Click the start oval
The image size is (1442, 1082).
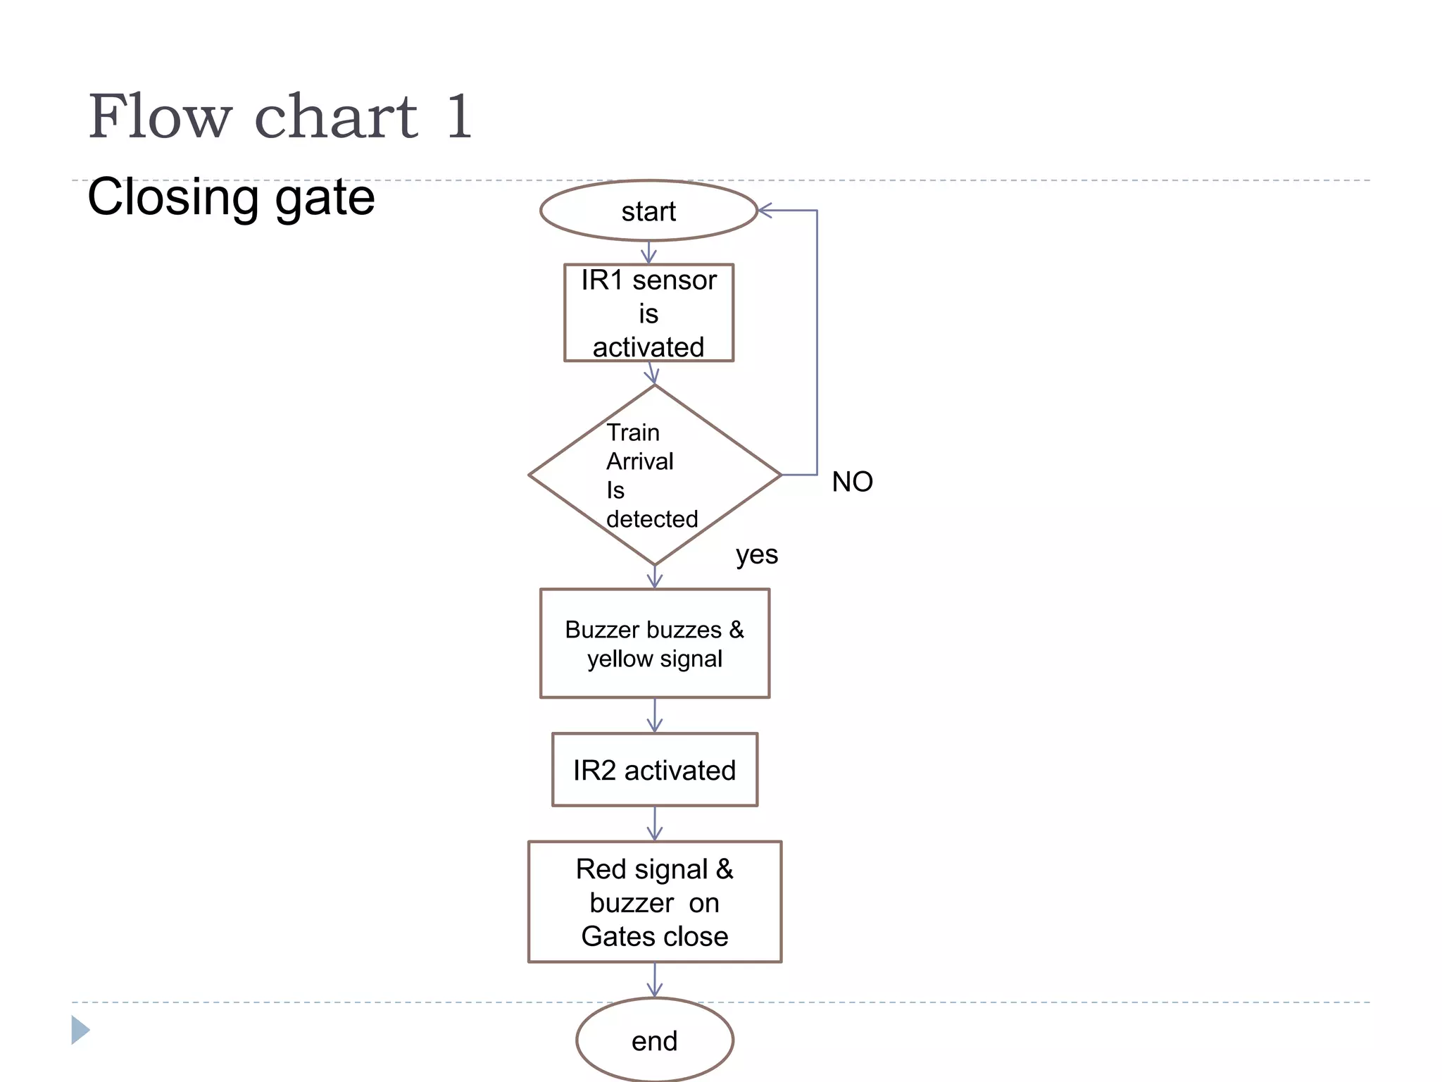click(x=648, y=211)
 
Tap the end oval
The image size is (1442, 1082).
click(x=654, y=1040)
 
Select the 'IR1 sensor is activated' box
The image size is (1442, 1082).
click(x=648, y=313)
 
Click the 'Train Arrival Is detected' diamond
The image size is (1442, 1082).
click(x=654, y=475)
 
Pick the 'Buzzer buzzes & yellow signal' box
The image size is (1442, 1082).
click(x=654, y=643)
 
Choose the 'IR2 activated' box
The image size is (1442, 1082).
click(x=654, y=770)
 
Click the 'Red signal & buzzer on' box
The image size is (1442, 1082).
click(x=654, y=886)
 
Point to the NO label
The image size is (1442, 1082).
click(x=852, y=482)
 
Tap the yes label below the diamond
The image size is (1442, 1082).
click(x=756, y=555)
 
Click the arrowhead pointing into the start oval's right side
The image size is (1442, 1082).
click(x=766, y=210)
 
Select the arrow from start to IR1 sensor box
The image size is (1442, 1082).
click(x=648, y=252)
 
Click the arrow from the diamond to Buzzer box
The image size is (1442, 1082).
click(x=655, y=577)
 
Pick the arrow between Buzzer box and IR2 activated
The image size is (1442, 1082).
click(x=655, y=716)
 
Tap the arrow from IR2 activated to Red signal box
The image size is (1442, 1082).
click(x=655, y=823)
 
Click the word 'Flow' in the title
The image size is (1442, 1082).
click(x=160, y=117)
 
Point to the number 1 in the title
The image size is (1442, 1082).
click(x=458, y=117)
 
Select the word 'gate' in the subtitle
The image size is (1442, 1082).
click(x=325, y=199)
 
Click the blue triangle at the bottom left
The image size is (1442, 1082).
click(x=80, y=1030)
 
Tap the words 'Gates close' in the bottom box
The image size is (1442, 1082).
click(x=654, y=937)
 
